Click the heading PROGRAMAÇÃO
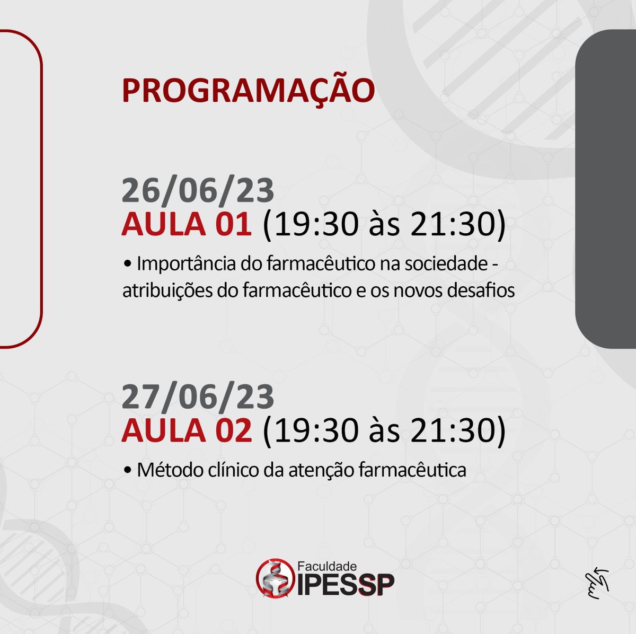tap(248, 90)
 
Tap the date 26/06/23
tap(198, 191)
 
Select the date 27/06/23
tap(198, 397)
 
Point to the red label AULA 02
tap(186, 430)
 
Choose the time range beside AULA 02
tap(384, 430)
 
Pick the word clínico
tap(216, 470)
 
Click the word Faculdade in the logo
tap(326, 566)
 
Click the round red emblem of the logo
tap(274, 578)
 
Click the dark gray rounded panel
tap(606, 189)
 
